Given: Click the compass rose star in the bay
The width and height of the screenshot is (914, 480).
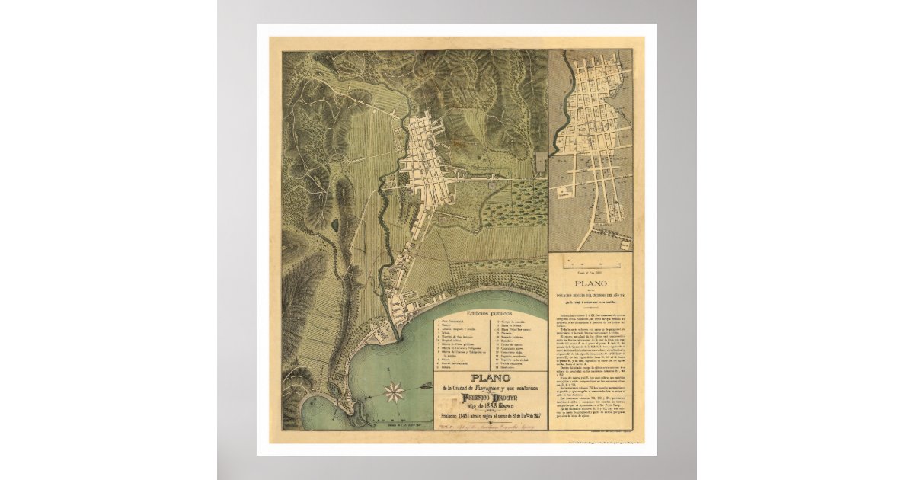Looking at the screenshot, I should pyautogui.click(x=395, y=392).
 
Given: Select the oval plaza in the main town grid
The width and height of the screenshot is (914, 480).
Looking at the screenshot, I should pyautogui.click(x=436, y=144).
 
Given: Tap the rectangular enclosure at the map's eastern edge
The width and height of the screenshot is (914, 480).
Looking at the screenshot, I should pyautogui.click(x=542, y=164).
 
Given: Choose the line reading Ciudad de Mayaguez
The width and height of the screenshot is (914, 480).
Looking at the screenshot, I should pyautogui.click(x=489, y=389).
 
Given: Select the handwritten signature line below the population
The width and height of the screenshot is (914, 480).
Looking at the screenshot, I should pyautogui.click(x=487, y=428).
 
